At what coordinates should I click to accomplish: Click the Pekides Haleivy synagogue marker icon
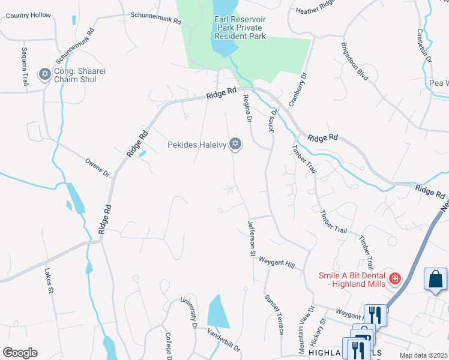point(236,144)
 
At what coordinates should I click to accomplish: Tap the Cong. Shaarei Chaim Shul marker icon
point(44,74)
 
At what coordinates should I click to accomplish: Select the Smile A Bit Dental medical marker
point(394,278)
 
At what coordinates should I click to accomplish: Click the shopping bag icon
point(435,279)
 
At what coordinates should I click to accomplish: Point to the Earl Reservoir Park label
point(240,28)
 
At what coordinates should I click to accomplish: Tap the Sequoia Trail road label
point(25,65)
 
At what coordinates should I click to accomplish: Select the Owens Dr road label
point(97,167)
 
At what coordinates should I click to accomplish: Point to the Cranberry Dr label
point(298,91)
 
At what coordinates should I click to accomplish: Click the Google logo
point(20,352)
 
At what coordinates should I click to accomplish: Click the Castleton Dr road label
point(425,48)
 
